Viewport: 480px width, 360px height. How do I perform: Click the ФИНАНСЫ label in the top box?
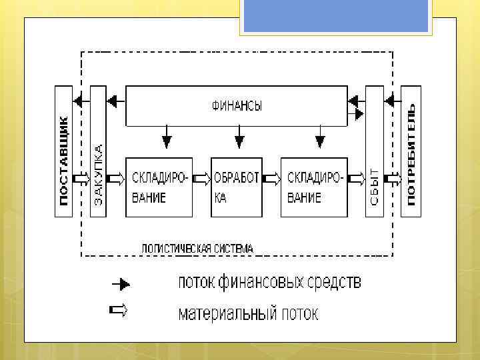[237, 105]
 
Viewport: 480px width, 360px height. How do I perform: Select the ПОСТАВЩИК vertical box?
[64, 151]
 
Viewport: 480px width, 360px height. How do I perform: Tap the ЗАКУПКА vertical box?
[98, 151]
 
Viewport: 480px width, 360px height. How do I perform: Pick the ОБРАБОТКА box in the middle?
[237, 187]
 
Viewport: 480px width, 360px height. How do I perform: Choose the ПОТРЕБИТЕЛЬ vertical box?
[411, 151]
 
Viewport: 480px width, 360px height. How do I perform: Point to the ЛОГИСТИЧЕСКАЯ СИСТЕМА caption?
[197, 248]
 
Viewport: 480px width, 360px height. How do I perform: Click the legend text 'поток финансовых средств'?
[269, 283]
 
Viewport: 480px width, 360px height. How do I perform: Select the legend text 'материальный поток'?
[248, 313]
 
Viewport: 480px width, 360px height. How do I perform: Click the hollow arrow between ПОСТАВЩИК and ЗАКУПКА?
[81, 179]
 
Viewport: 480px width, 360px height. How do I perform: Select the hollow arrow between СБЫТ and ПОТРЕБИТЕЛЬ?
[393, 179]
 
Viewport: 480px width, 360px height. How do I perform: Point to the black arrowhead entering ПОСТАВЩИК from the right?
[78, 101]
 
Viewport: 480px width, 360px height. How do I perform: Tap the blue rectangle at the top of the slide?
[336, 15]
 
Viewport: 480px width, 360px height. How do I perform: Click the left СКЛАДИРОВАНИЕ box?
[158, 187]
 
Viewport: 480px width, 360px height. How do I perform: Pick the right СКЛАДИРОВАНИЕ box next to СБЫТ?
[314, 187]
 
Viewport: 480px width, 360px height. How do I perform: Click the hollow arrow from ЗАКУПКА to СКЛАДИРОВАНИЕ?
[115, 179]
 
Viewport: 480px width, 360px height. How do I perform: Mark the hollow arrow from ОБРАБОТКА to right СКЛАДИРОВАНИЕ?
[271, 179]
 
